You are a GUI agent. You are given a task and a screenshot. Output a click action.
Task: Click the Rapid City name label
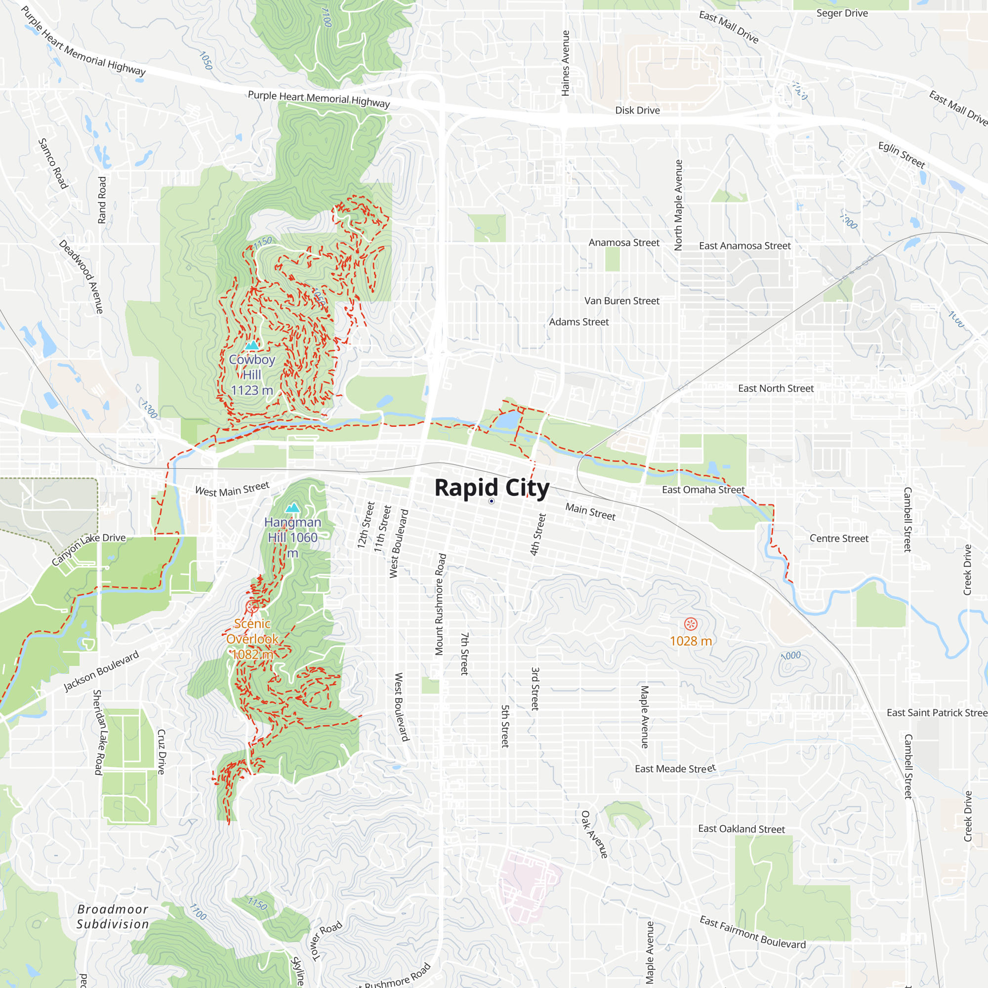click(x=492, y=488)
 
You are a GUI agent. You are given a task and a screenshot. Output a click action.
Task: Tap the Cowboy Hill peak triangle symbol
click(x=251, y=345)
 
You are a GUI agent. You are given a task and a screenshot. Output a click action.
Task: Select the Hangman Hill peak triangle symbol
click(x=292, y=507)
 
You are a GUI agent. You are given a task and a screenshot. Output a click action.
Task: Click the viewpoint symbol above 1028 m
click(x=691, y=624)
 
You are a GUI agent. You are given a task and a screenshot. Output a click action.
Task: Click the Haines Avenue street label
click(x=565, y=63)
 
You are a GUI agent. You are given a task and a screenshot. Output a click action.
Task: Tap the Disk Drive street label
click(x=637, y=111)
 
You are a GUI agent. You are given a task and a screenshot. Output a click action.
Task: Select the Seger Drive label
click(x=842, y=13)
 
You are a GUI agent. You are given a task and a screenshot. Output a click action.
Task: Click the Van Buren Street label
click(x=622, y=301)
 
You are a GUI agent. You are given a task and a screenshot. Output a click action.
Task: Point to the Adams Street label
click(x=579, y=322)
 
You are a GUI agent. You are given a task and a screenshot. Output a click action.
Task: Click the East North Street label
click(x=776, y=388)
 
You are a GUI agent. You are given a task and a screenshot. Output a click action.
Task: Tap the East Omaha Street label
click(x=703, y=490)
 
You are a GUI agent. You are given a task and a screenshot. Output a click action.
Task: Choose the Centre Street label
click(x=839, y=538)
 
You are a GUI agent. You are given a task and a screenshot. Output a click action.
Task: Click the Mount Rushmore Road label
click(x=440, y=604)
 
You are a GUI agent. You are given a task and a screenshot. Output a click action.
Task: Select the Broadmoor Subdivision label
click(x=113, y=916)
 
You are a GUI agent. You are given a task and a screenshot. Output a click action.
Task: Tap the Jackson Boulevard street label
click(x=101, y=671)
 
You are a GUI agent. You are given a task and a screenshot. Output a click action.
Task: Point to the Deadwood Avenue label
click(x=81, y=276)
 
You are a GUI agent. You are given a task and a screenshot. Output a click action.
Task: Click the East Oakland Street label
click(x=741, y=829)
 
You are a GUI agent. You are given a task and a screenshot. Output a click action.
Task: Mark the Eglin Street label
click(x=902, y=155)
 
